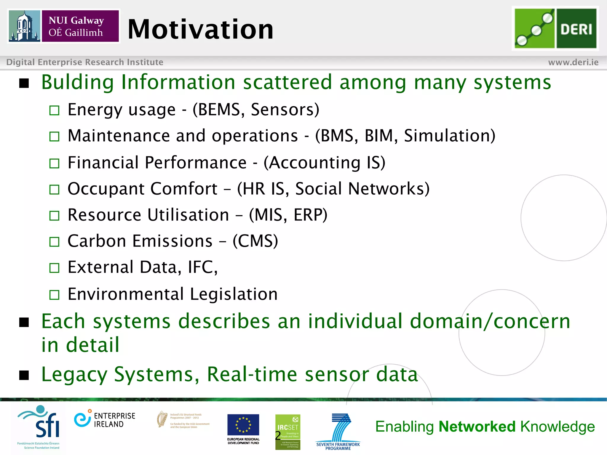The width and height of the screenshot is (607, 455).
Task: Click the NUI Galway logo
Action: pyautogui.click(x=64, y=26)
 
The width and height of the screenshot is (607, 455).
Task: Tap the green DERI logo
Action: pyautogui.click(x=555, y=28)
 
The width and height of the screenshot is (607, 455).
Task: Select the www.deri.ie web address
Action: pyautogui.click(x=573, y=62)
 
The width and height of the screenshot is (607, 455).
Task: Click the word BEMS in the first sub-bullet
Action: pyautogui.click(x=218, y=110)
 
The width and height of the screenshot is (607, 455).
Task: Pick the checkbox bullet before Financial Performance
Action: pyautogui.click(x=54, y=163)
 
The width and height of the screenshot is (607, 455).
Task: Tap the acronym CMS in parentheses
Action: pyautogui.click(x=255, y=241)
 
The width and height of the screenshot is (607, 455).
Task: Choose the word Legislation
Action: pyautogui.click(x=234, y=294)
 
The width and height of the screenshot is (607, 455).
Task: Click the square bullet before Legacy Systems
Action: pyautogui.click(x=24, y=375)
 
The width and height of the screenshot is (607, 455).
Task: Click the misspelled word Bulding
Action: pyautogui.click(x=77, y=82)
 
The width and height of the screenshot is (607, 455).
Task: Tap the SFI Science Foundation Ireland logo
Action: pyautogui.click(x=40, y=427)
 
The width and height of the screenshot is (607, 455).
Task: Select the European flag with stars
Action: pyautogui.click(x=243, y=424)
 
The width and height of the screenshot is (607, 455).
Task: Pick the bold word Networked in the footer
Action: pyautogui.click(x=477, y=427)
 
